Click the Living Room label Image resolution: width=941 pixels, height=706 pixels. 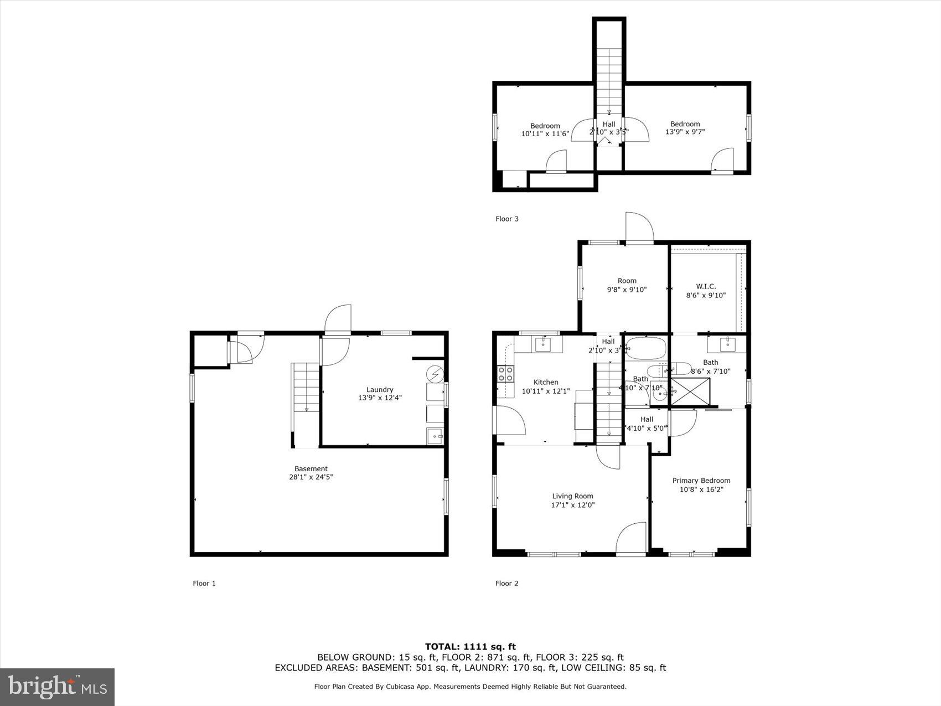(572, 496)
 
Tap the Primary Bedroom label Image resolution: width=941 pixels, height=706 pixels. (701, 481)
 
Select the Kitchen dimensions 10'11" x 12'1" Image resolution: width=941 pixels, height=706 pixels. (545, 391)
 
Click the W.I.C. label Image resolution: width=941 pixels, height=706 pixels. (706, 286)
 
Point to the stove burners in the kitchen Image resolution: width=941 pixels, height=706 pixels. (505, 374)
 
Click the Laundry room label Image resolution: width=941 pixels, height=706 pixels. (380, 389)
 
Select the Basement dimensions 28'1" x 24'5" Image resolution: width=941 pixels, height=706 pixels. (311, 477)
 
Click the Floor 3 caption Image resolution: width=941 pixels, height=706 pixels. (506, 219)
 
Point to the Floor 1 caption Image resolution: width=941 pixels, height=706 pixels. (204, 583)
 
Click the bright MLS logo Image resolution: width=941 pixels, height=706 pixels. (58, 687)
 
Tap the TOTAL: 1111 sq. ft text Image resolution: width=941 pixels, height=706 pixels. (470, 646)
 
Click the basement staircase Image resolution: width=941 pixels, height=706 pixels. (306, 388)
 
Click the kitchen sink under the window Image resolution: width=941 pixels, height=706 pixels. (543, 344)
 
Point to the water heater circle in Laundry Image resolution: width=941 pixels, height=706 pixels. (436, 375)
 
